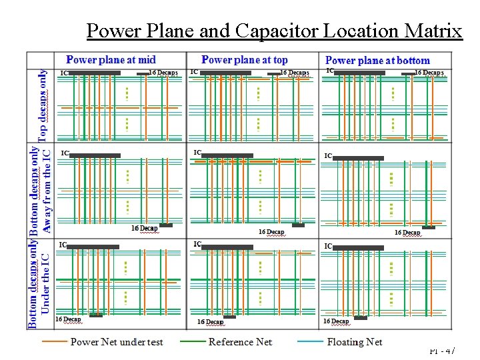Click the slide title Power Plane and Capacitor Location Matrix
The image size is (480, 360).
274,31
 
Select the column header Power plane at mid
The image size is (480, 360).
111,60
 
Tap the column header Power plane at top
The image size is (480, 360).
245,60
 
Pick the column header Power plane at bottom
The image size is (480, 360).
377,61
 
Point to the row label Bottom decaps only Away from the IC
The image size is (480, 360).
39,190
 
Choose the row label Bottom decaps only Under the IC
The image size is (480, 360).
39,283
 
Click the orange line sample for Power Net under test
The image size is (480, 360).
54,342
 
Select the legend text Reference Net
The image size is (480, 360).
240,342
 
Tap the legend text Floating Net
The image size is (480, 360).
354,342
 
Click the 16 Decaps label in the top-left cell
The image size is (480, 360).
163,72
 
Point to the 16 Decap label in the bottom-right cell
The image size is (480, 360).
336,321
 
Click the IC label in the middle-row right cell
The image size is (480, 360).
328,156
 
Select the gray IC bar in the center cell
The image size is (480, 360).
227,155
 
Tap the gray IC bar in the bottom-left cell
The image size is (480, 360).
93,247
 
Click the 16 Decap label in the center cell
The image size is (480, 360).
271,232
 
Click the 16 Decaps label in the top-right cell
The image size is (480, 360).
429,72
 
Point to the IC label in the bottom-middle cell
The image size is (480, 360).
197,245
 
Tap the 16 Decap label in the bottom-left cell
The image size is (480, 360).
68,319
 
